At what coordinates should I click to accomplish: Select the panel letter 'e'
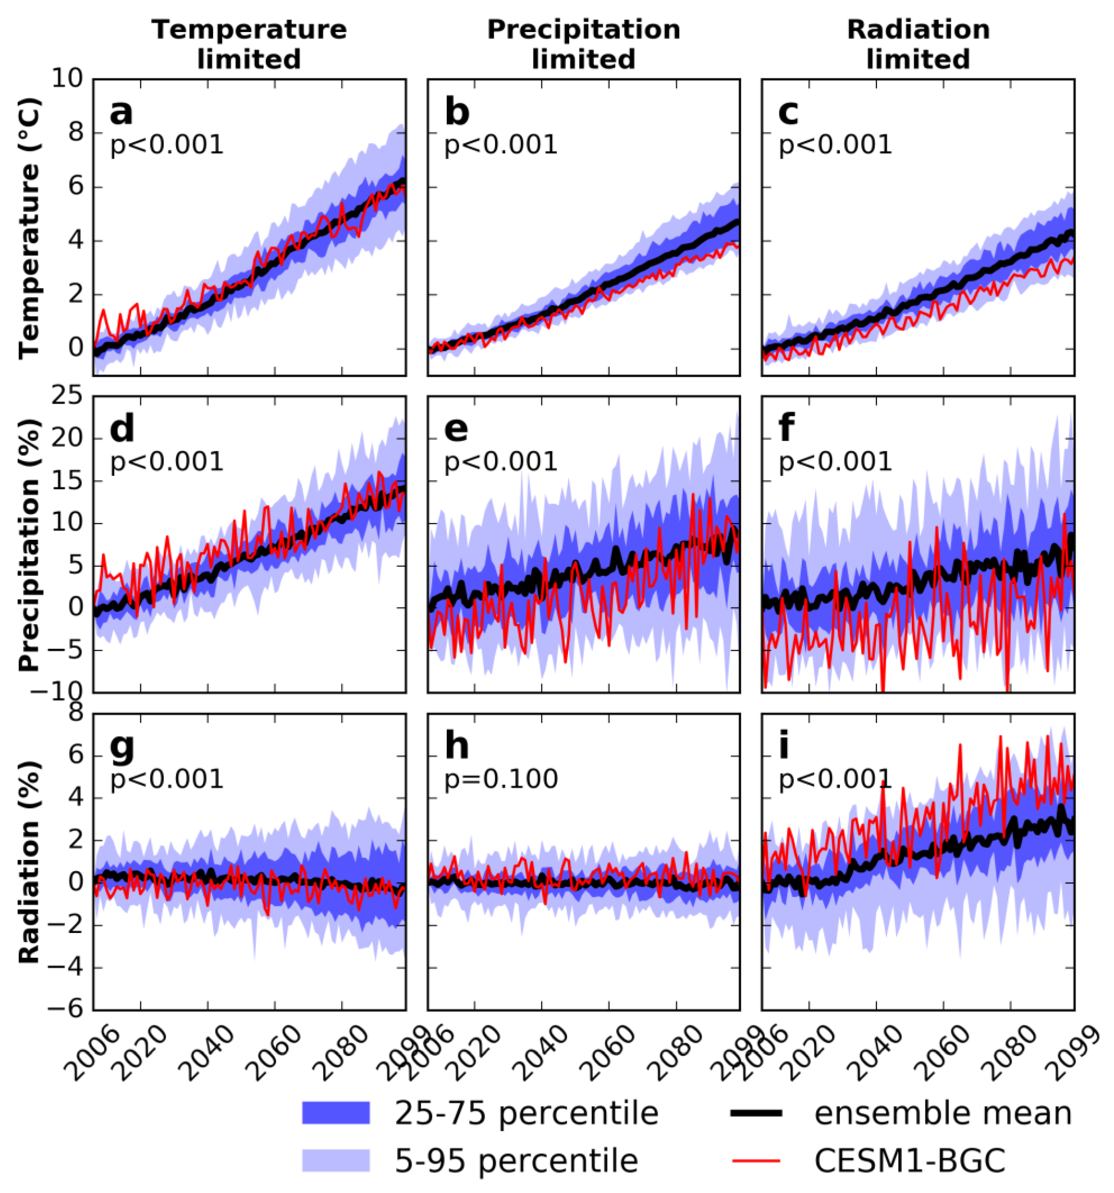tap(457, 430)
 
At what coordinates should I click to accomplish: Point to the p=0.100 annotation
tap(501, 779)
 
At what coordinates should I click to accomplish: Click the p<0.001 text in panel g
tap(167, 779)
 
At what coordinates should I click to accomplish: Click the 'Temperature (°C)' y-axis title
tap(29, 228)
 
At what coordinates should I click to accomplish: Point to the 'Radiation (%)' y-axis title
tap(29, 862)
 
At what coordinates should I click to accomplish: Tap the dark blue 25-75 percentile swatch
tap(335, 1113)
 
